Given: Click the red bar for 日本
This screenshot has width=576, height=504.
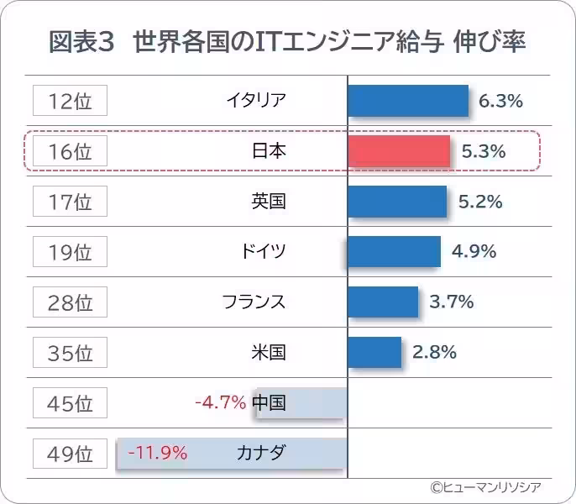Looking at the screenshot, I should pos(399,151).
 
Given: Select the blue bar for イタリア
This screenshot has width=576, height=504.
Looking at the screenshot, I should pos(407,101).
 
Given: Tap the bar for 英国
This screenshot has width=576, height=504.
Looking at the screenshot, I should pos(397,202).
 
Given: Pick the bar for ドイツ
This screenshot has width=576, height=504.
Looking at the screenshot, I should pos(394,251).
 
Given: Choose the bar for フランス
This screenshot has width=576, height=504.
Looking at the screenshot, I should pos(383,302).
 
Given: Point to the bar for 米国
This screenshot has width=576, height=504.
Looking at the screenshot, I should pos(374,352).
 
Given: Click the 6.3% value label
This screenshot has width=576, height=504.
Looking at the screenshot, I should pos(500,101).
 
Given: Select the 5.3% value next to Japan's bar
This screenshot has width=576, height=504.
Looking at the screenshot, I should pos(484,151).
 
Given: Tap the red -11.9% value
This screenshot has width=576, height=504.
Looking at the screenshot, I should pos(157,454).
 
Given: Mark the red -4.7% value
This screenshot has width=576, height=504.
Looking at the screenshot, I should pos(220,403).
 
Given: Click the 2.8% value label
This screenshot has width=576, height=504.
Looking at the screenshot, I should pos(434,352).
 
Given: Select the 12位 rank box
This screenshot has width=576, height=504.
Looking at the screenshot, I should pos(71,101).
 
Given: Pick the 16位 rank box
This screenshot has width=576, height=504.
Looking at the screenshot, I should pos(71,151).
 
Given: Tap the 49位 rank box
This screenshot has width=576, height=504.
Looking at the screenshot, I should pos(71,454).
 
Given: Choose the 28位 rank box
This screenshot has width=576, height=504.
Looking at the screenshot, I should pos(71,302).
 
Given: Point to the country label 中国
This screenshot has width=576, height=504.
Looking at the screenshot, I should pos(269,403).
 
